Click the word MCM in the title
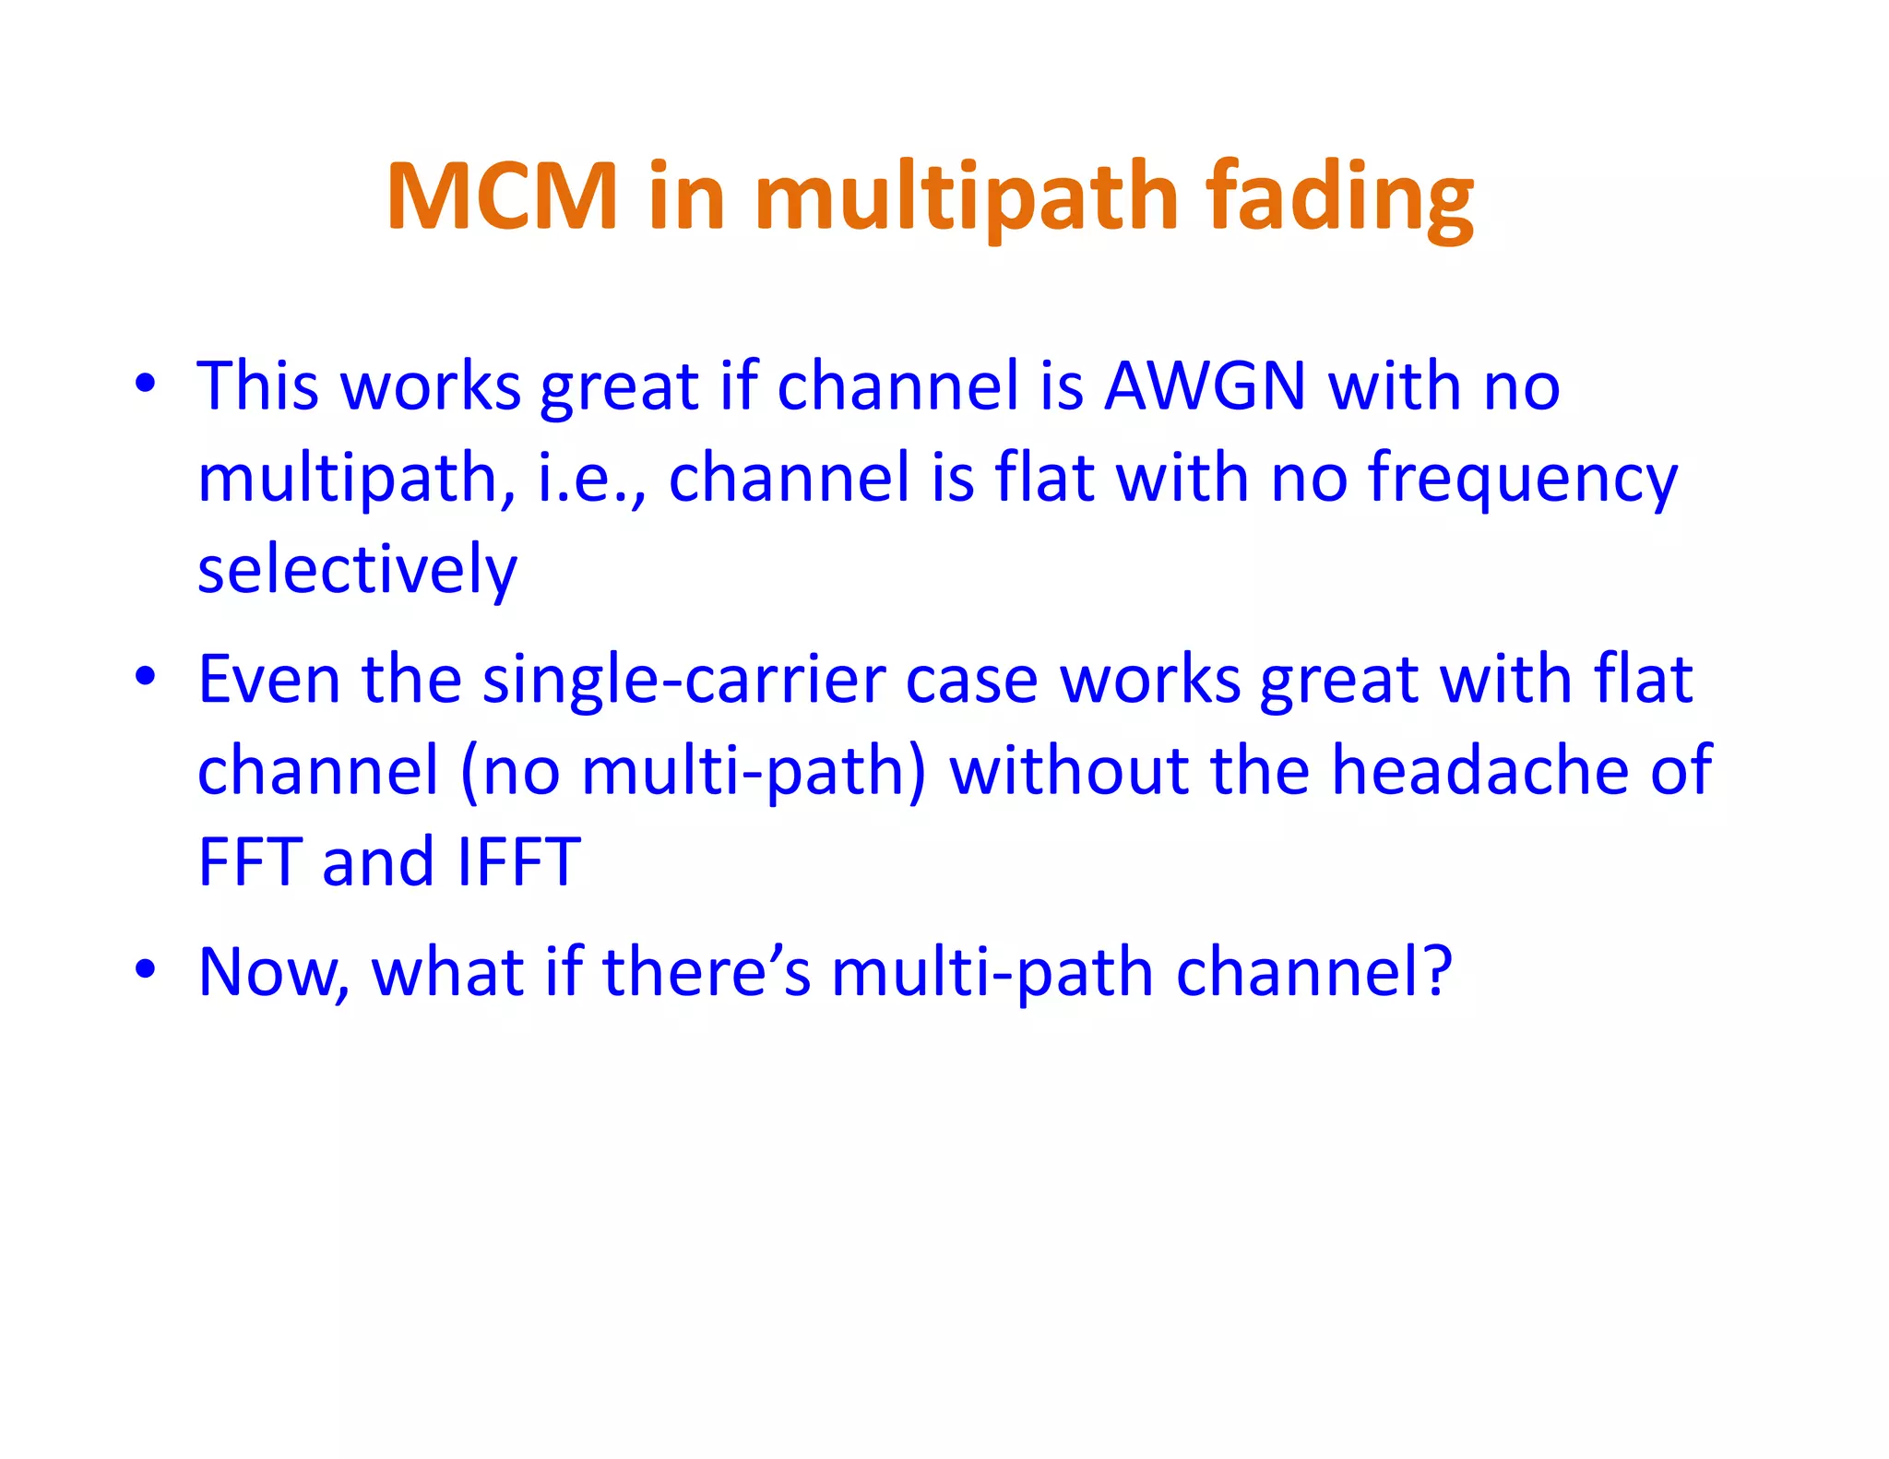[502, 196]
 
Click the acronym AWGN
[1205, 386]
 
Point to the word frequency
[1522, 478]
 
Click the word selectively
[357, 570]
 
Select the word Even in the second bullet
[269, 680]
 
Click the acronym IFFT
[519, 862]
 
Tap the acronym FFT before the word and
[250, 862]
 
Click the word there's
[706, 973]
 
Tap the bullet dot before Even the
[145, 677]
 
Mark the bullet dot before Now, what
[145, 970]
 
